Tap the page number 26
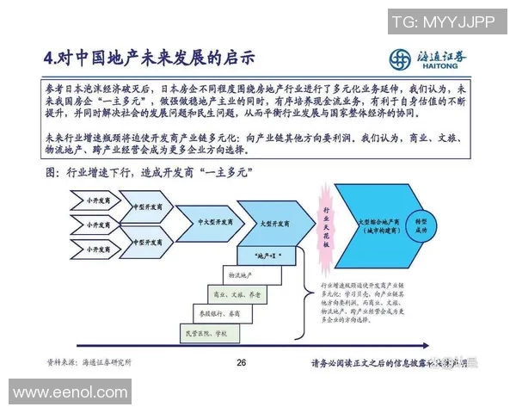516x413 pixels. coord(242,362)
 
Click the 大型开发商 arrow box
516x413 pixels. coord(266,221)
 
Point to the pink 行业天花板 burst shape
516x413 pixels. coord(326,226)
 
